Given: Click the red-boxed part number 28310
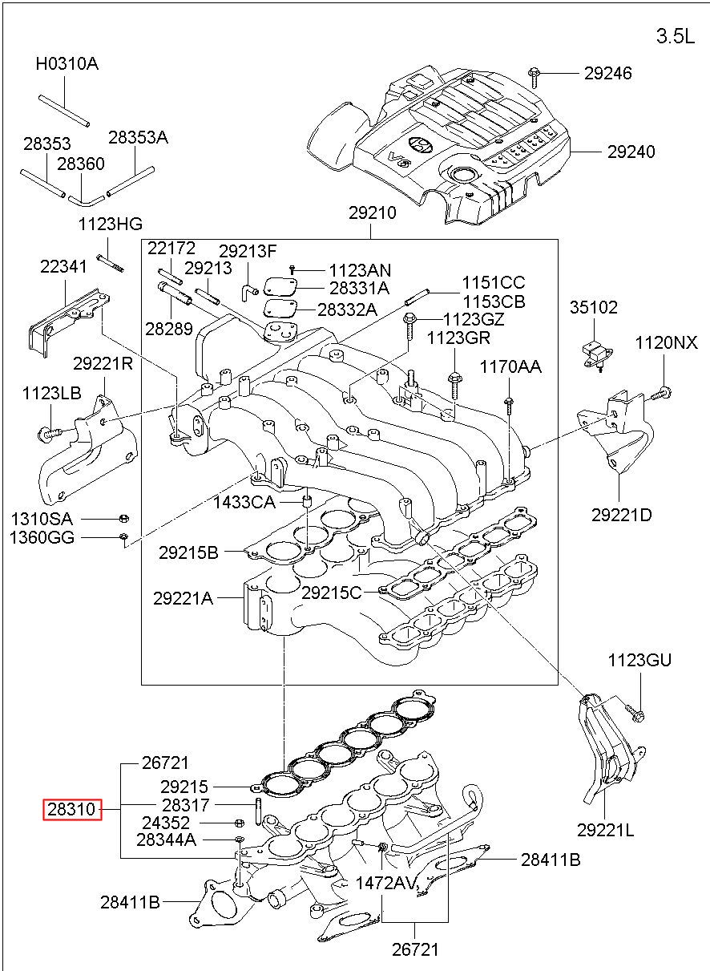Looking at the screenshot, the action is click(71, 809).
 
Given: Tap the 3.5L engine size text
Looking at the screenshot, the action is click(676, 36).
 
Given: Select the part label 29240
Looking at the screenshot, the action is click(631, 152).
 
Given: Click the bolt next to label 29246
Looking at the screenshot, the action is click(535, 78).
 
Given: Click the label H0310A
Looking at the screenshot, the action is click(67, 64).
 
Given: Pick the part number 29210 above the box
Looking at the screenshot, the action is click(373, 212).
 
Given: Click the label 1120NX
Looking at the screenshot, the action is click(666, 343).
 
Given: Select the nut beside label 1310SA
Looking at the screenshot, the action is click(124, 519).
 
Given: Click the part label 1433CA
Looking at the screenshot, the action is click(244, 503).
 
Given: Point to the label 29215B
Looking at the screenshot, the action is click(188, 552).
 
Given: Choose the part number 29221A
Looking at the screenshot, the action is click(183, 599).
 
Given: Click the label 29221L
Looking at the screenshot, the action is click(605, 830).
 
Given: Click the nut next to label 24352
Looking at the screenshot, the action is click(239, 823).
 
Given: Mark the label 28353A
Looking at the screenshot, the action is click(138, 137).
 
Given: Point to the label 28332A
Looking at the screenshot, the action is click(348, 310).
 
